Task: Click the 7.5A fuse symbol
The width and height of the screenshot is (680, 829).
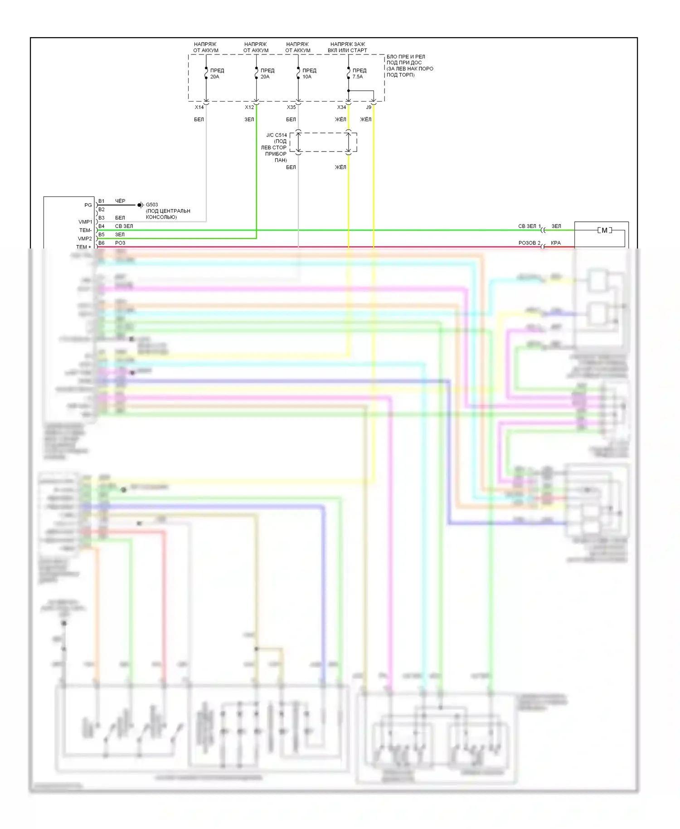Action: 348,73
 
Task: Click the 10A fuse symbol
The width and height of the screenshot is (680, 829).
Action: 298,73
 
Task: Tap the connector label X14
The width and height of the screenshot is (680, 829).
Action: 199,107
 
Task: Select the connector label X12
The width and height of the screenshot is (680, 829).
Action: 249,107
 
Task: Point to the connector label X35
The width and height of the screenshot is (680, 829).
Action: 291,107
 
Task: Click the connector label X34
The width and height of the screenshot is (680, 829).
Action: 341,107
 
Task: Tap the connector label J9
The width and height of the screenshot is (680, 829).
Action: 369,107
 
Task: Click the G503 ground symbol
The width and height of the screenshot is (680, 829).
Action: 141,205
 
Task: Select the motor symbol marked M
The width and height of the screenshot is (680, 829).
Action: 604,230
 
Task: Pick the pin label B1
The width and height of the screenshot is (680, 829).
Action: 102,201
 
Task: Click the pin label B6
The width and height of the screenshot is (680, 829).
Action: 102,243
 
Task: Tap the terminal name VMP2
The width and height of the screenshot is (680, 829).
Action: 85,239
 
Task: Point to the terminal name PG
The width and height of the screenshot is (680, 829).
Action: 88,205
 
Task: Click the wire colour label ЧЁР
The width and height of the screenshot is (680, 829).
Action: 120,201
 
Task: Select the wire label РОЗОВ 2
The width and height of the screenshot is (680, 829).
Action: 529,243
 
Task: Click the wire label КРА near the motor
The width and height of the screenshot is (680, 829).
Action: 556,243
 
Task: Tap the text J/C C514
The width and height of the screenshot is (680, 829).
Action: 277,135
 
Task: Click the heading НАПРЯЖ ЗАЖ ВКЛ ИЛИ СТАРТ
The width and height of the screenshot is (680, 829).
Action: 348,47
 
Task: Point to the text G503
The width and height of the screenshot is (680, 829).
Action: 152,205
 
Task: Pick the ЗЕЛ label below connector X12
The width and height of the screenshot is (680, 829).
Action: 249,120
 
